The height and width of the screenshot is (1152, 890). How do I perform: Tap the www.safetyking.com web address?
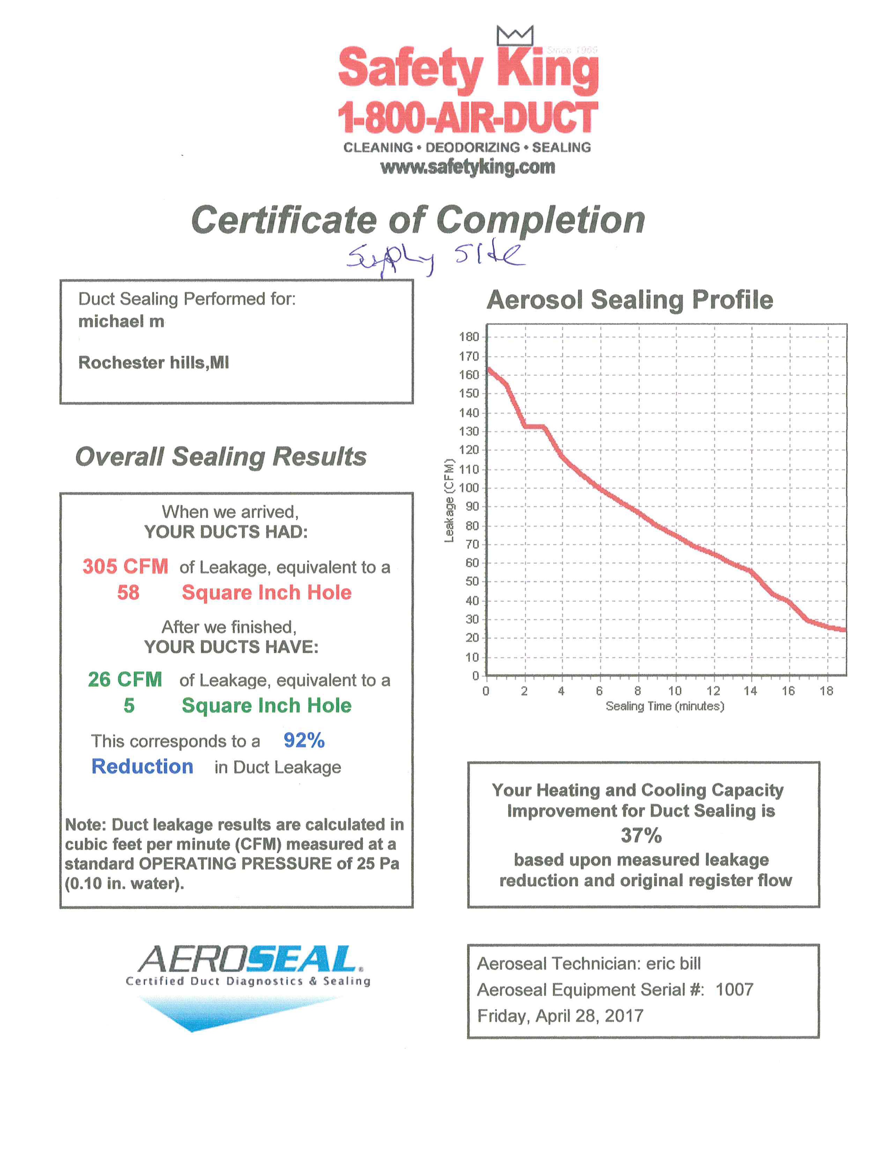468,167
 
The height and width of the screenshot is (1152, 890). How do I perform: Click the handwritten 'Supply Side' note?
435,257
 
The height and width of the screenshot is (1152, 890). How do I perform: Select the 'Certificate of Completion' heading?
418,220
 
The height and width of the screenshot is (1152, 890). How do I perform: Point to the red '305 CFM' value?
126,567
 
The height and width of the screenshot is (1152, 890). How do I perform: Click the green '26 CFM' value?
125,679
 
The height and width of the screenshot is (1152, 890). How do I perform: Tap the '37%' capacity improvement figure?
641,835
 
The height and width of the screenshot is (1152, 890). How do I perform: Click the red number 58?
128,592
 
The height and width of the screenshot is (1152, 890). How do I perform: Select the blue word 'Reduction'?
142,766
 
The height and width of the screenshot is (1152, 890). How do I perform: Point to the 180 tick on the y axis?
469,337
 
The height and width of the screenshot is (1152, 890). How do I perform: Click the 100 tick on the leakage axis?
469,488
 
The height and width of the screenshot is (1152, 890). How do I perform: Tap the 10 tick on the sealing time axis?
675,691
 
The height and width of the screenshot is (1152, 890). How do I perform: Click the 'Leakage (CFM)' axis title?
449,501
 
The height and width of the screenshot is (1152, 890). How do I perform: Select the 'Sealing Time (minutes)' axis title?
665,706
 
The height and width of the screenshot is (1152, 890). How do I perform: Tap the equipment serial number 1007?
734,990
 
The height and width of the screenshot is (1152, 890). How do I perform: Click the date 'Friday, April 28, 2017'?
561,1016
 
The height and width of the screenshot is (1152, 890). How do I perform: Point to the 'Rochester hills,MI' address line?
154,362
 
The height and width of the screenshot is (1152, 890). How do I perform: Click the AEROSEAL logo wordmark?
248,959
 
